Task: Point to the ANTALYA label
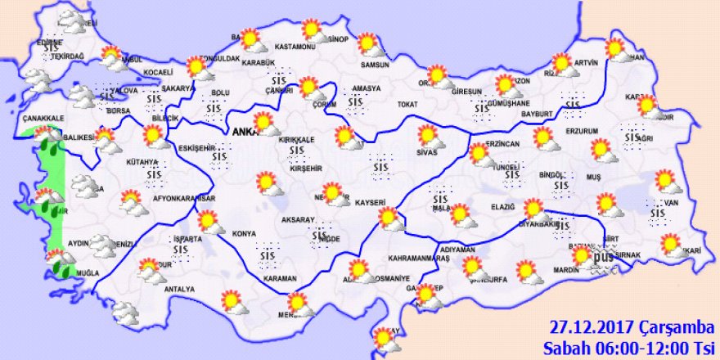(x=179, y=289)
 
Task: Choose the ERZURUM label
(x=583, y=131)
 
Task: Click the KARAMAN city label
(x=281, y=278)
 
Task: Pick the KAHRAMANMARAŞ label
(x=420, y=259)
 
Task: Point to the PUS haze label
(x=602, y=259)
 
